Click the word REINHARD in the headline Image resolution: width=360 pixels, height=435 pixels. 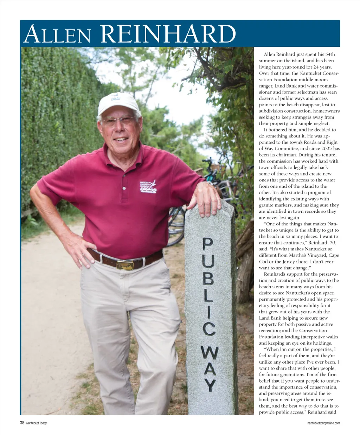(168, 34)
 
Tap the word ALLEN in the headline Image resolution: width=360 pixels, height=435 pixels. (57, 35)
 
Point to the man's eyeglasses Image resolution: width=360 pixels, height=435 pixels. (118, 121)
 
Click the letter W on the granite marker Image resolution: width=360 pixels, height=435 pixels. (210, 353)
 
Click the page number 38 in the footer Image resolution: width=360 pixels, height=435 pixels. (22, 423)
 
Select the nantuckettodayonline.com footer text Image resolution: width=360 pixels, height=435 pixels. (323, 423)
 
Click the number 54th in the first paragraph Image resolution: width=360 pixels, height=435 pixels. (330, 55)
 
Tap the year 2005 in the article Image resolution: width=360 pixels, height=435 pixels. (327, 149)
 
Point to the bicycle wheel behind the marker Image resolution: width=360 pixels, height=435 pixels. (176, 225)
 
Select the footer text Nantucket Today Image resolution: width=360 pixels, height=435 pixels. (37, 423)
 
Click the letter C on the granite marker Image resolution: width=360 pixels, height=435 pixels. (209, 328)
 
